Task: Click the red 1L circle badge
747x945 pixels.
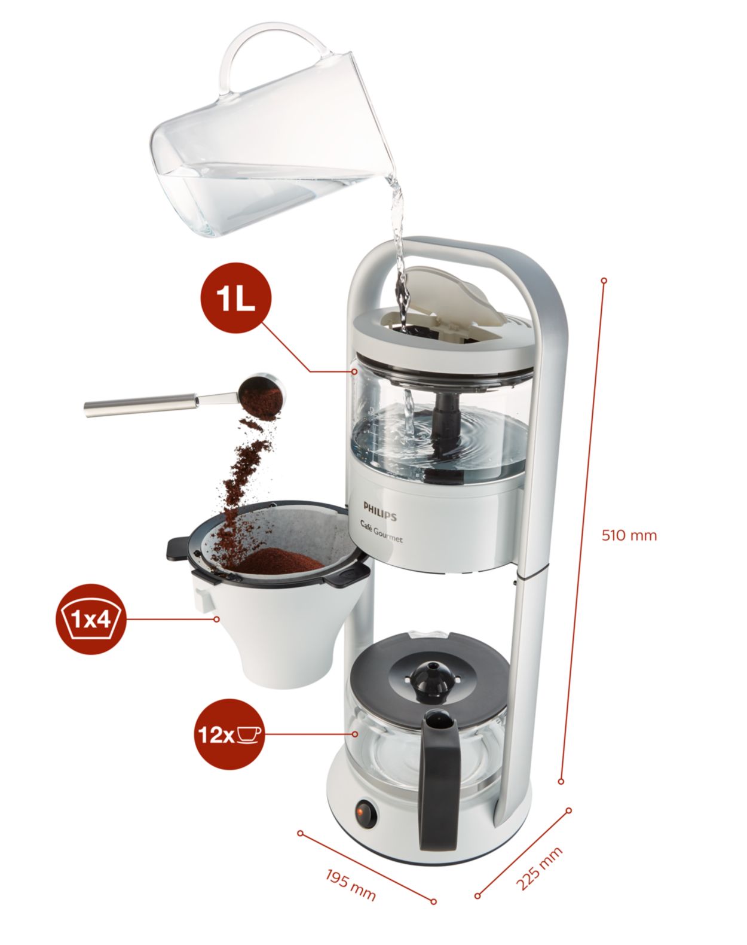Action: pyautogui.click(x=235, y=298)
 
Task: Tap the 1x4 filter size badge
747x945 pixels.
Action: pyautogui.click(x=90, y=619)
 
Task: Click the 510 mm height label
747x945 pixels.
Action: pyautogui.click(x=629, y=535)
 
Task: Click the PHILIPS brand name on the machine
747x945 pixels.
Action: pyautogui.click(x=380, y=511)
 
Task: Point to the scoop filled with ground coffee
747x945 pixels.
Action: pyautogui.click(x=262, y=394)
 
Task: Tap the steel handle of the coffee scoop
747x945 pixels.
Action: pyautogui.click(x=140, y=406)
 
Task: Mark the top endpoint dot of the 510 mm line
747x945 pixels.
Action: pyautogui.click(x=604, y=280)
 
